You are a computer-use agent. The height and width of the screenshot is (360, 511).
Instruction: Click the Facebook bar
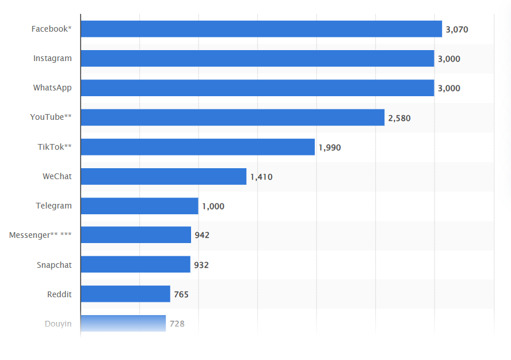(261, 29)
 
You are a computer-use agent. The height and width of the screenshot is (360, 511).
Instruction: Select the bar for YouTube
(232, 118)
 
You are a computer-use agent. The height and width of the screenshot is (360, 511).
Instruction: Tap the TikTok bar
(197, 147)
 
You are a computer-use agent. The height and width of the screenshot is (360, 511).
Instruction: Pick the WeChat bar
(163, 176)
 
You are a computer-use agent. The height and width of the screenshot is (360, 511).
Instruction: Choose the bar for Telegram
(139, 206)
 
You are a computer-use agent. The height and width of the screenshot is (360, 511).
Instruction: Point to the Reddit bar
(125, 294)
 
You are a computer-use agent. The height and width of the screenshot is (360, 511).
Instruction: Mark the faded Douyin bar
(123, 323)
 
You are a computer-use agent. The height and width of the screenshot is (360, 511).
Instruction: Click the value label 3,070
(457, 29)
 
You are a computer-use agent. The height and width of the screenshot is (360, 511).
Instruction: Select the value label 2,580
(399, 118)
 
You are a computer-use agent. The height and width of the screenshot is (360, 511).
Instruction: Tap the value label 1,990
(330, 147)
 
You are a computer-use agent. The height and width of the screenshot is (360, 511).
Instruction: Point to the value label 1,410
(261, 177)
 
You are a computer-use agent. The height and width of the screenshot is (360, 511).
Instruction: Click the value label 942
(202, 235)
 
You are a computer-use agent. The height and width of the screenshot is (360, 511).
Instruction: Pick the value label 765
(181, 294)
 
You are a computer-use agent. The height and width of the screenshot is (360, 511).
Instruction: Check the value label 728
(177, 324)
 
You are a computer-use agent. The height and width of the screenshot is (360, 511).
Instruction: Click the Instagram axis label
(52, 58)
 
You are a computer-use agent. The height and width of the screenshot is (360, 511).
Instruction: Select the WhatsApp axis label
(52, 88)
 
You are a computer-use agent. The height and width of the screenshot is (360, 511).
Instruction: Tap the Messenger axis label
(40, 235)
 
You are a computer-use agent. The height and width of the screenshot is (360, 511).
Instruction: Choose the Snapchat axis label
(54, 265)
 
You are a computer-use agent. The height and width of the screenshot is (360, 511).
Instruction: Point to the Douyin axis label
(58, 324)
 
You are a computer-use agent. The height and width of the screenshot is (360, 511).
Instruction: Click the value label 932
(201, 265)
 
